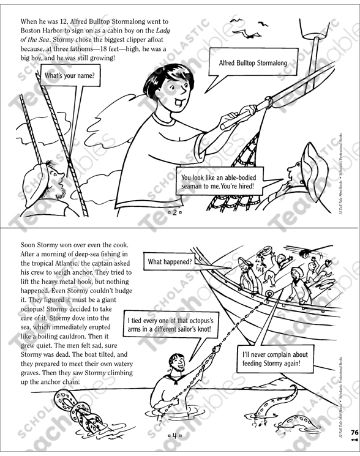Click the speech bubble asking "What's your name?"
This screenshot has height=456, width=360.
[x=69, y=77]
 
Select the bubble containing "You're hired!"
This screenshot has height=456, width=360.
[x=221, y=183]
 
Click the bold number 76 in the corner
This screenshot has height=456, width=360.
[x=354, y=432]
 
